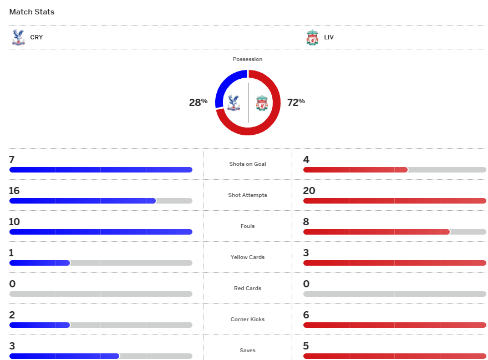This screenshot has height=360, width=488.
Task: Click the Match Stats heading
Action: click(x=32, y=12)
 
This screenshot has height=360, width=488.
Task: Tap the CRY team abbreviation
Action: click(x=37, y=38)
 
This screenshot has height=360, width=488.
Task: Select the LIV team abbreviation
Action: click(x=329, y=38)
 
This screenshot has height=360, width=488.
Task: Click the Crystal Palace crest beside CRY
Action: click(x=18, y=37)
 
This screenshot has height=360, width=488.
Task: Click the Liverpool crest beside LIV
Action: click(x=312, y=38)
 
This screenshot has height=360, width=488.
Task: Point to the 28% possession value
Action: click(x=198, y=102)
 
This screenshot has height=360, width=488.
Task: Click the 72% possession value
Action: click(x=296, y=102)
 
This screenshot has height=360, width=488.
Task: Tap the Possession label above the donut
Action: click(x=248, y=59)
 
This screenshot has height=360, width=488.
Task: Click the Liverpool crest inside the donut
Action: click(x=262, y=103)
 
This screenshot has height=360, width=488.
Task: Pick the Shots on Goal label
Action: click(x=248, y=164)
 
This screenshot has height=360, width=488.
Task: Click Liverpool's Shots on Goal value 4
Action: click(x=306, y=160)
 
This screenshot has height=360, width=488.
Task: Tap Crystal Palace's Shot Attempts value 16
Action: click(x=14, y=191)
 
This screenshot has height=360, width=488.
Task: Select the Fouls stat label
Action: click(x=248, y=226)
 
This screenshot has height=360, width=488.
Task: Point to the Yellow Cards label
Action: click(x=248, y=257)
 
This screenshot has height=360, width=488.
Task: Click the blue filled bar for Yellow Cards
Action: click(x=39, y=263)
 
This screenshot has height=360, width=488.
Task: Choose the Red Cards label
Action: click(x=248, y=288)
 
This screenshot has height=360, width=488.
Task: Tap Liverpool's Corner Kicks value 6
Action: click(x=306, y=315)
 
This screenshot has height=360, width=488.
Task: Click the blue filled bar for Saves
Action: click(x=64, y=356)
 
